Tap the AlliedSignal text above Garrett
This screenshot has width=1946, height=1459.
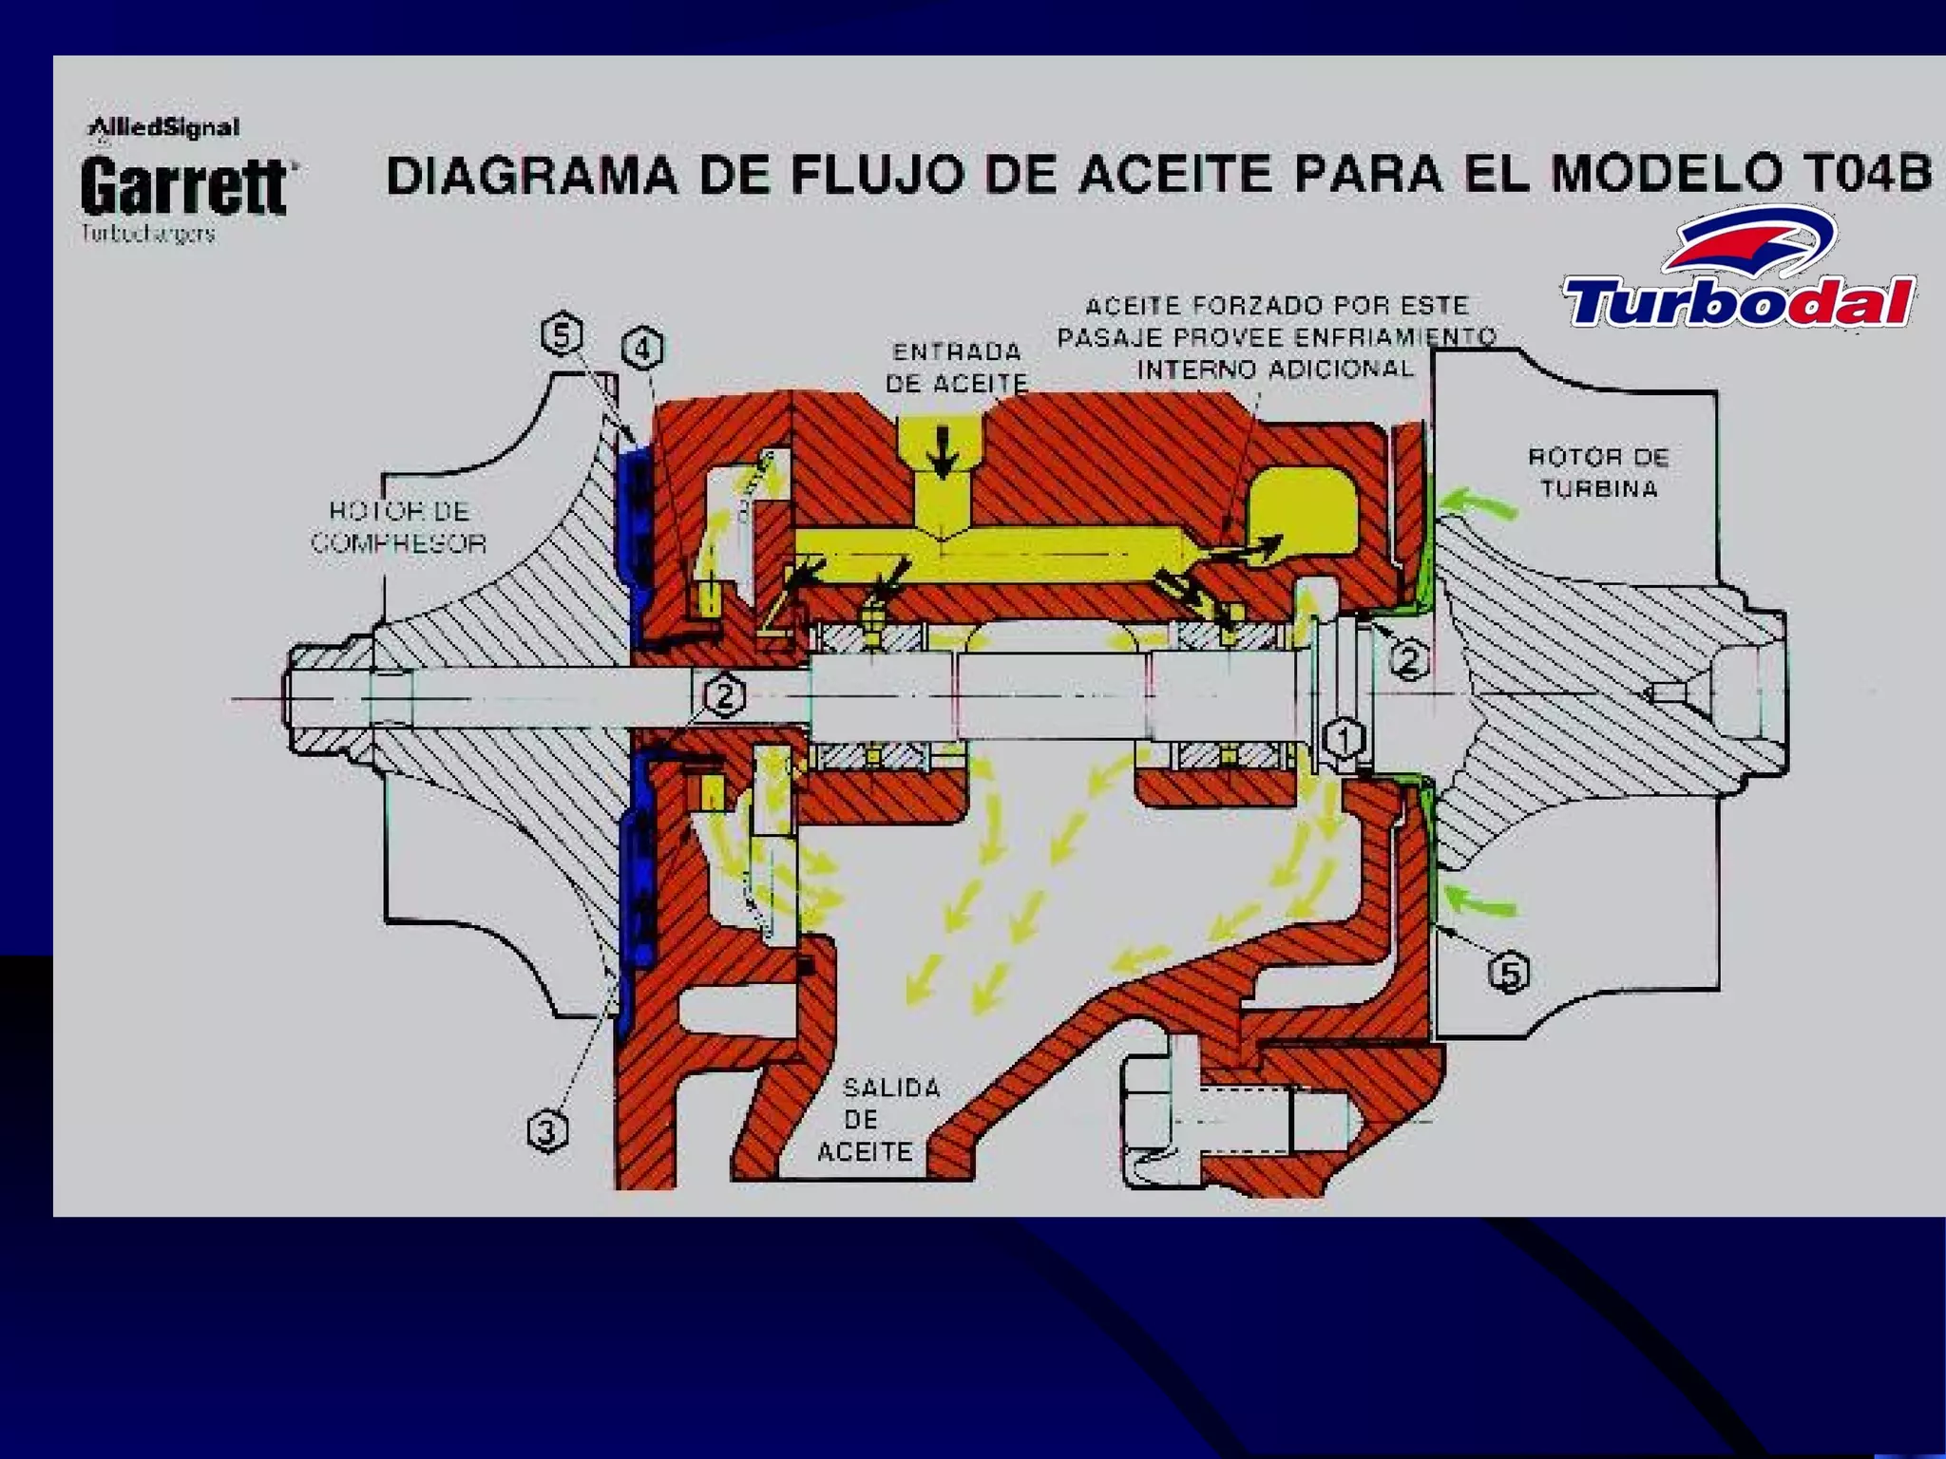(163, 127)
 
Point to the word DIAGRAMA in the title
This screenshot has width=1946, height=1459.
(532, 176)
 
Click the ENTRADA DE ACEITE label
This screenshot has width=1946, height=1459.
(956, 368)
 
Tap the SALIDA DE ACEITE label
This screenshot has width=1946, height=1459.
(880, 1119)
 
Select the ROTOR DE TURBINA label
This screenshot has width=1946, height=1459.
(1598, 472)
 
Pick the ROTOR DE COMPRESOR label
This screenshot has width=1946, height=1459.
(399, 527)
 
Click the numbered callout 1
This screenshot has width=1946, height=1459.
(1344, 738)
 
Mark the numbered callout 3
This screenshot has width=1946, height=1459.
(547, 1132)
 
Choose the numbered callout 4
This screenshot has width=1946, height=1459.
(643, 349)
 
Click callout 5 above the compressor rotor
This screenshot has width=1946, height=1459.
(562, 335)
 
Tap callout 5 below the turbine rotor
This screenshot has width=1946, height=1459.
(1509, 973)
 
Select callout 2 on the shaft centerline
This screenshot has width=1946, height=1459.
(724, 696)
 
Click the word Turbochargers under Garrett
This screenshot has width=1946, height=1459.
(148, 234)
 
